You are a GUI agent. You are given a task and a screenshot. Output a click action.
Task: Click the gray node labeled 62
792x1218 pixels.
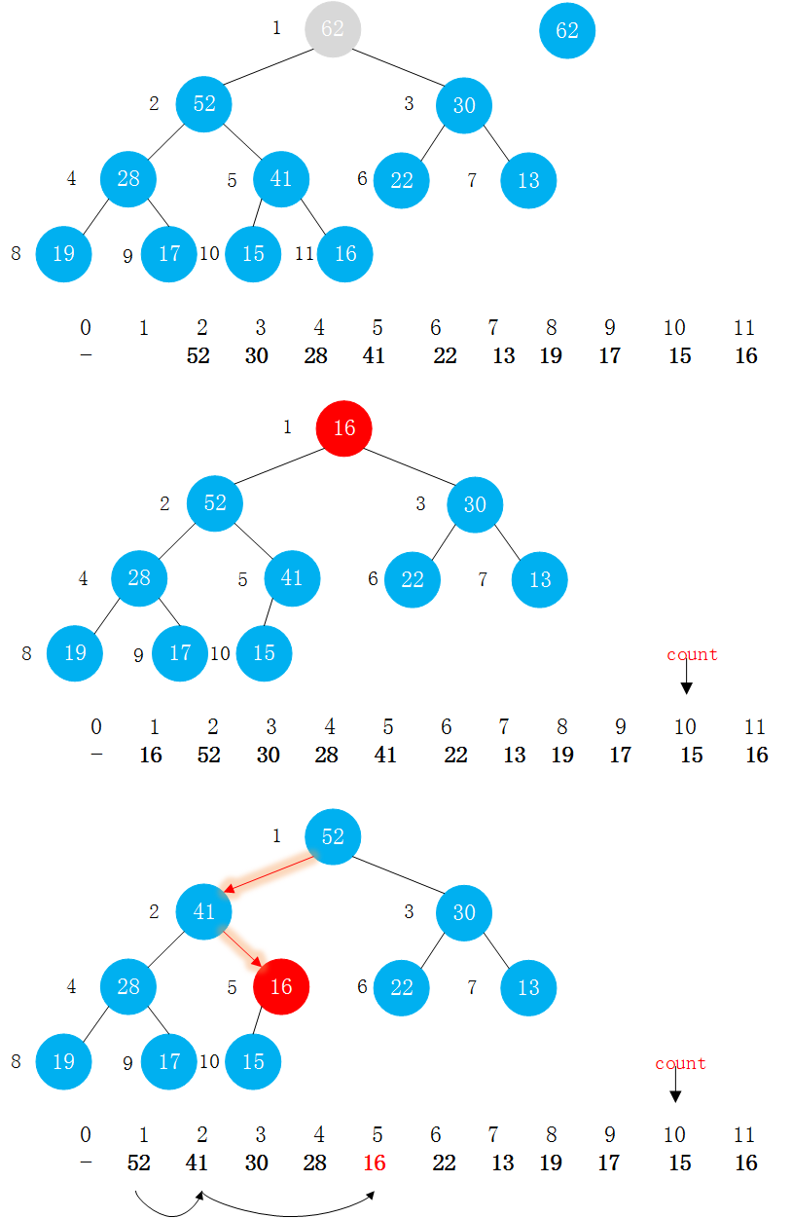click(x=333, y=29)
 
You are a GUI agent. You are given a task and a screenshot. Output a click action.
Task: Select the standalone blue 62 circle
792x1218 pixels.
click(x=567, y=30)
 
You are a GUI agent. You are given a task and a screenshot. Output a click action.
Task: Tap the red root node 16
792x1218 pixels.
click(x=344, y=428)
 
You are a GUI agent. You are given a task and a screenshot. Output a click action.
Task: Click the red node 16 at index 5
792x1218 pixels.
click(x=281, y=986)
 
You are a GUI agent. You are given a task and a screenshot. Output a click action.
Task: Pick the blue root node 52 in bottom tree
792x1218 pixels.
click(x=333, y=836)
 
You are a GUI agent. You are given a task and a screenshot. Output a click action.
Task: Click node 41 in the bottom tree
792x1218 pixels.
click(x=204, y=911)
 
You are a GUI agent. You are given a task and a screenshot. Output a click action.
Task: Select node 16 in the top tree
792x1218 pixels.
click(x=345, y=254)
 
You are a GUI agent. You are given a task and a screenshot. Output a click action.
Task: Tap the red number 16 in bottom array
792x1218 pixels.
click(x=375, y=1163)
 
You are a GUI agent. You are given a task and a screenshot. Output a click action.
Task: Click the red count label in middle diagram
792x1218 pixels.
click(x=692, y=654)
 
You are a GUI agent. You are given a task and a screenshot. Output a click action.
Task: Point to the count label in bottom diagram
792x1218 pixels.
click(x=680, y=1063)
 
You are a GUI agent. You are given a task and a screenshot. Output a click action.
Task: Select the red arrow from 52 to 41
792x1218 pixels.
click(x=271, y=873)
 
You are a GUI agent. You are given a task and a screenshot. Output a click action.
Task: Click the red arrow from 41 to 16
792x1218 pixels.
click(x=244, y=950)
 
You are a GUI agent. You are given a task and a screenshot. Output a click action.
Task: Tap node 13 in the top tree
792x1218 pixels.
click(x=528, y=180)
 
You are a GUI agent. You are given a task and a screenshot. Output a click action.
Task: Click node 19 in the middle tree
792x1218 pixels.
click(x=75, y=652)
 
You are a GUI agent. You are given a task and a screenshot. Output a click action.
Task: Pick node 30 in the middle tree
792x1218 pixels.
click(x=475, y=504)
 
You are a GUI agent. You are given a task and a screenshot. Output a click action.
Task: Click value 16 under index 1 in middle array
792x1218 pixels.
click(x=151, y=755)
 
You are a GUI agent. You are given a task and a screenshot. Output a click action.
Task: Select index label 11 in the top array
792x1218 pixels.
click(x=744, y=328)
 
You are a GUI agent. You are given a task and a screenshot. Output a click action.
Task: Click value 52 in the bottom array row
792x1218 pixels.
click(x=138, y=1163)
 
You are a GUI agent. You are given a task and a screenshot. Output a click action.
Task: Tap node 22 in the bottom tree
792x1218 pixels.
click(x=402, y=986)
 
